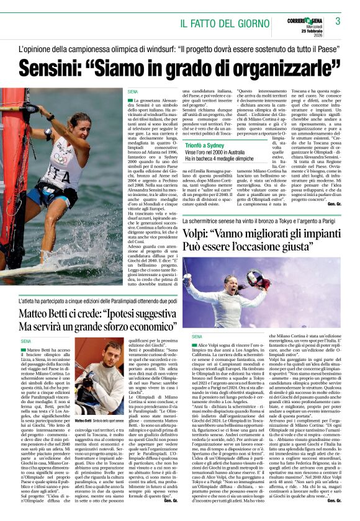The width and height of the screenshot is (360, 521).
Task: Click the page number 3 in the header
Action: [338, 21]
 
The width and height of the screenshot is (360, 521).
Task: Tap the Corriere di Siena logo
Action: [307, 20]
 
